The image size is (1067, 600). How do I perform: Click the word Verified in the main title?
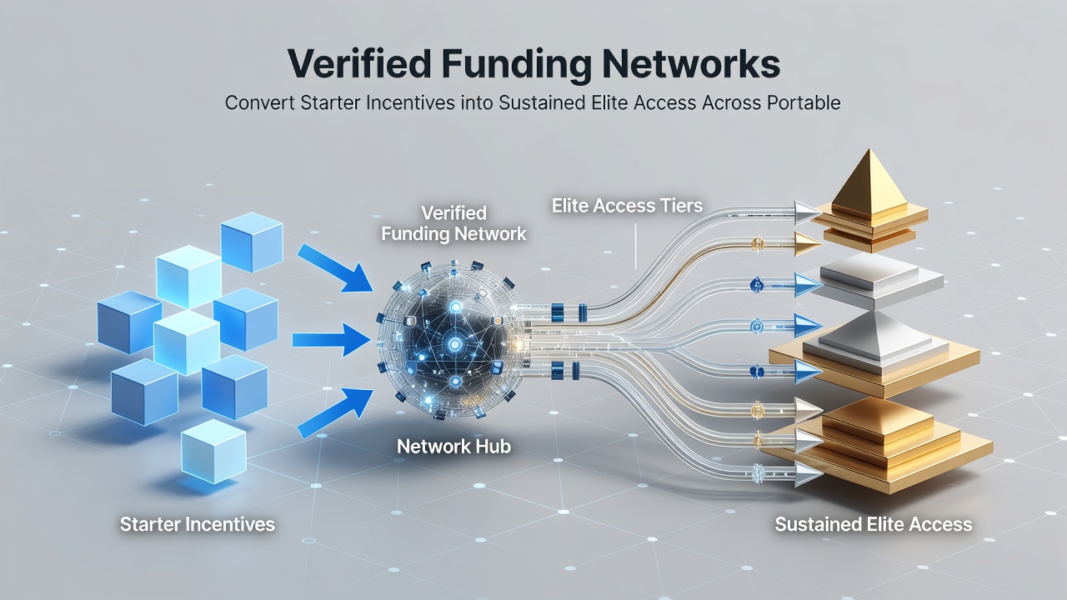[359, 63]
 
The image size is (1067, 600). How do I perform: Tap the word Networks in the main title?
[691, 63]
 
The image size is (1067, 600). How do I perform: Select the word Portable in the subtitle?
[804, 102]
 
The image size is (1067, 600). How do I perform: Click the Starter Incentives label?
[198, 524]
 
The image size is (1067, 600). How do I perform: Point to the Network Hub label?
[453, 446]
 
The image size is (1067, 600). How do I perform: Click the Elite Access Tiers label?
[627, 206]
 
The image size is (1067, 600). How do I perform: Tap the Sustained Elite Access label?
[873, 524]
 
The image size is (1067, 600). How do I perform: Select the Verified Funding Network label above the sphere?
[453, 223]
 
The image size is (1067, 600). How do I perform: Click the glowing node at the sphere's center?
[455, 343]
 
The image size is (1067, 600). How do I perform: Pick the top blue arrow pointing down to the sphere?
[335, 267]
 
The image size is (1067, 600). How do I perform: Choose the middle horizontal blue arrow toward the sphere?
[332, 339]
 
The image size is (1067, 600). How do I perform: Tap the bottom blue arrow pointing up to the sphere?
[335, 412]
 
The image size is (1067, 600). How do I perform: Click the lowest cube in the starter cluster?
[214, 451]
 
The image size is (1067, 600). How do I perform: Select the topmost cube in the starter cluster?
[252, 242]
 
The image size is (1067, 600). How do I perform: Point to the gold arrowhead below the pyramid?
[808, 244]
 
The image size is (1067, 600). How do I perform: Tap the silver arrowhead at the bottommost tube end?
[809, 474]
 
